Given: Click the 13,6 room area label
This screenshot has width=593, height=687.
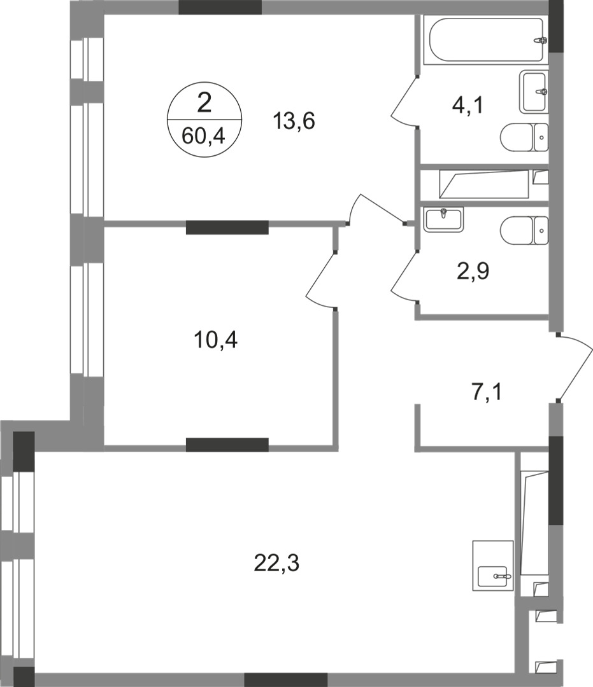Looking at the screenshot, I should coord(295,120).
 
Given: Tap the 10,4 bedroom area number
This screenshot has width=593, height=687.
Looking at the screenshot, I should coord(215,341).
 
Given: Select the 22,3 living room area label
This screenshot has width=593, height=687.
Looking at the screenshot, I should coord(277,562).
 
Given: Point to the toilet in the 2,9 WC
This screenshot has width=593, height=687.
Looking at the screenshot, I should coord(524,230).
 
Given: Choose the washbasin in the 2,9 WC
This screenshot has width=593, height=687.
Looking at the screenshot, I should coord(443,218).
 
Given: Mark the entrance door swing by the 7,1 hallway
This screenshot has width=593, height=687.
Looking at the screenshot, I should coord(575,369).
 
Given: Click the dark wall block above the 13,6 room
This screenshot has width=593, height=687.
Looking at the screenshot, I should coord(220,7).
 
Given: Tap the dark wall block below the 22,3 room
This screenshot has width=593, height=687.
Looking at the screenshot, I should coord(285,679).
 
